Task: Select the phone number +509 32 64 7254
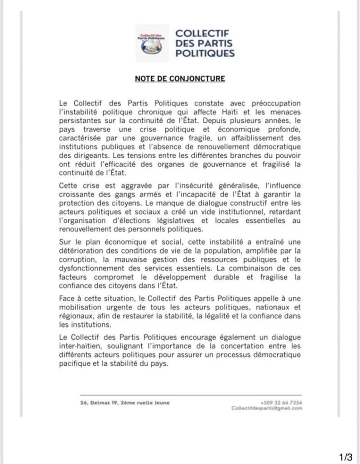tap(282, 402)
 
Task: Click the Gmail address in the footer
tap(266, 408)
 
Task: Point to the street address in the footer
tap(125, 402)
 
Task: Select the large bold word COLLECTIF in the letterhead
tap(202, 34)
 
